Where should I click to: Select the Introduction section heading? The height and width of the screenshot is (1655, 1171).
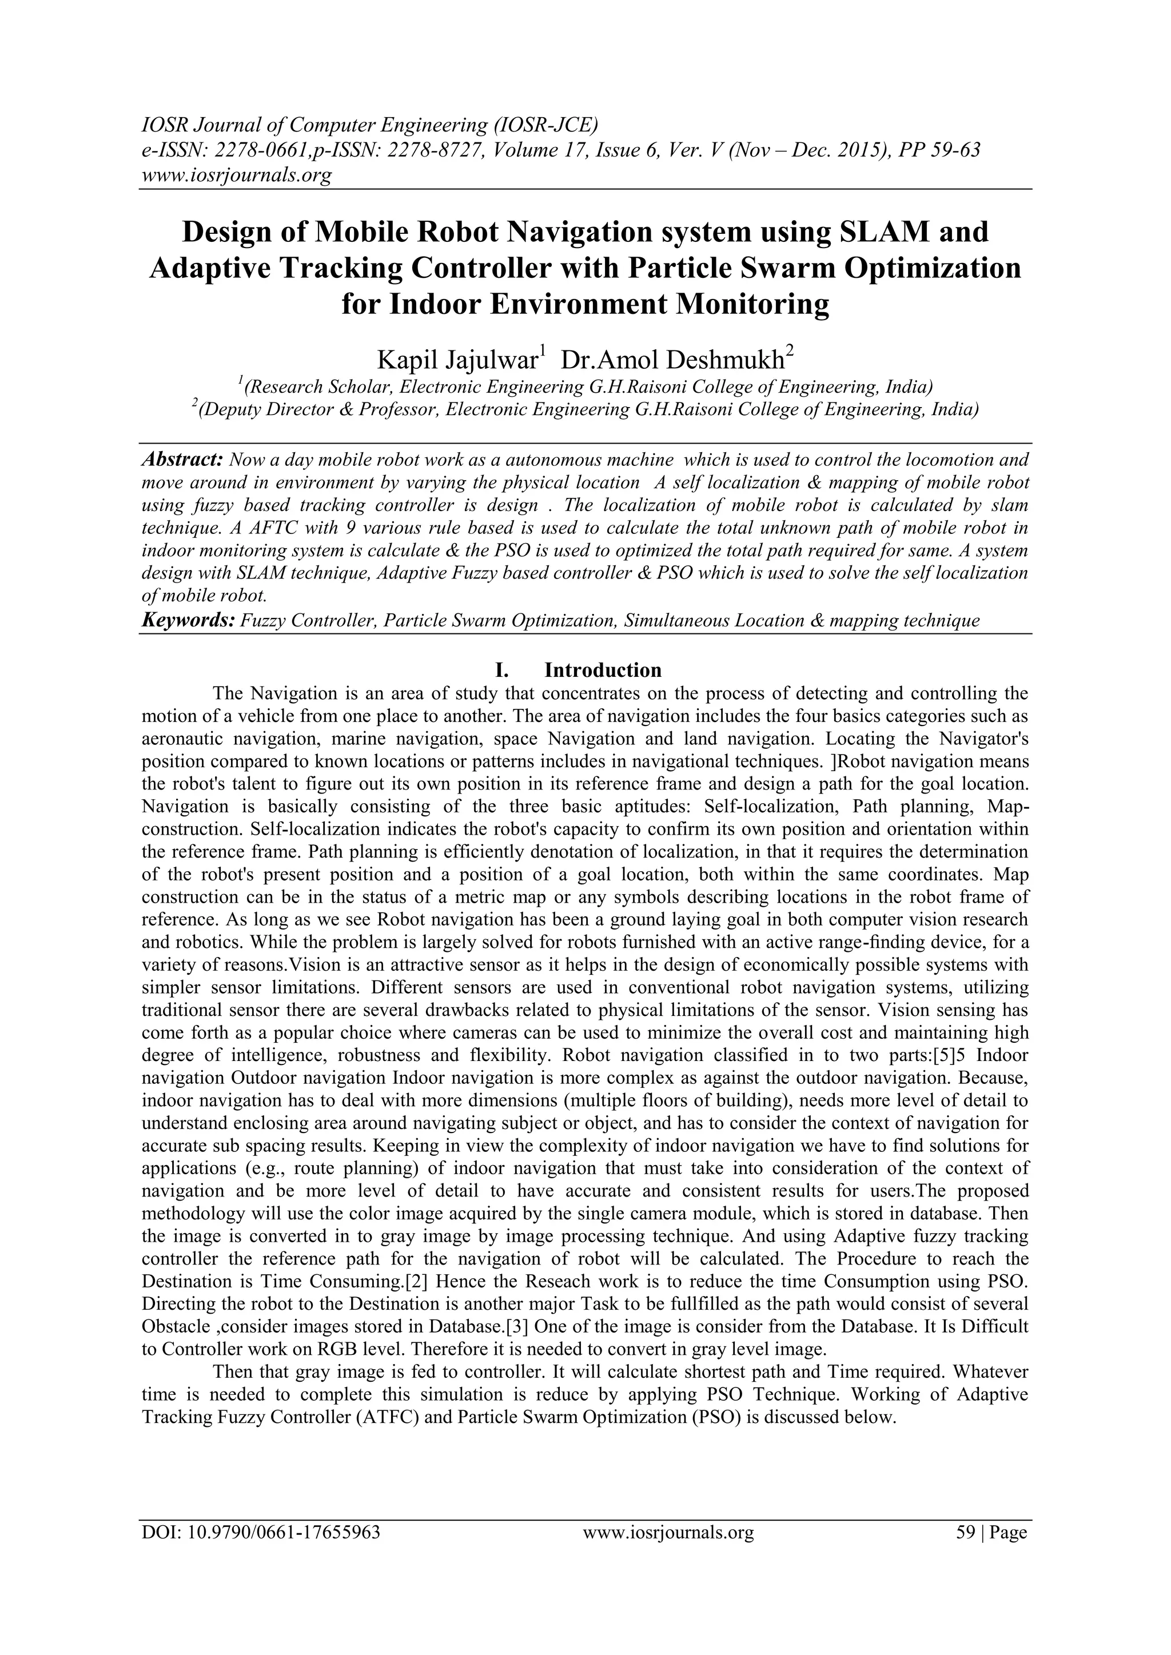pos(602,671)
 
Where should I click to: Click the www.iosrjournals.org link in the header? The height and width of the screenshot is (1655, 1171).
pos(235,174)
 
